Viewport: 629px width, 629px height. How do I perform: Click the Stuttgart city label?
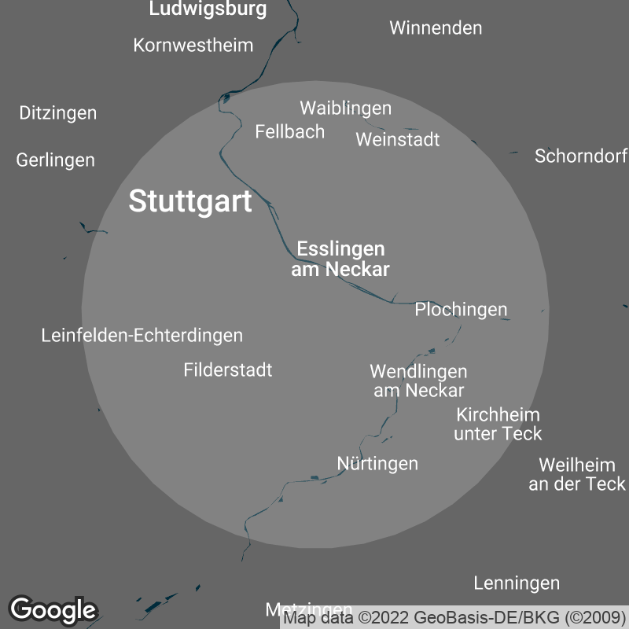pos(190,201)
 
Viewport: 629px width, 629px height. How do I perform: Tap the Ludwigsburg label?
pos(208,9)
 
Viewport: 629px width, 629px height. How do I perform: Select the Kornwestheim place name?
pos(193,45)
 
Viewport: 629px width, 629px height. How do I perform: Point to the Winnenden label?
pos(436,28)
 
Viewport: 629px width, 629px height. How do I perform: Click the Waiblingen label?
pos(345,108)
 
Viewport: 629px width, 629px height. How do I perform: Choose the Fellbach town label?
pos(289,131)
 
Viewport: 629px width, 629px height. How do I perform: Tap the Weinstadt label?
pos(397,140)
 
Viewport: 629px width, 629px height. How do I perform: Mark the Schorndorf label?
pos(580,156)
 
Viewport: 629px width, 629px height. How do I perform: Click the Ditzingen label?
pos(58,113)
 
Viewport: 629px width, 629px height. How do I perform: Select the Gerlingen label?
pos(56,160)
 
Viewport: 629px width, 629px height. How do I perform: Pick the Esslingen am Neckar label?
pos(340,259)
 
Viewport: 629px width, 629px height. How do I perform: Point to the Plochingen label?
pos(461,310)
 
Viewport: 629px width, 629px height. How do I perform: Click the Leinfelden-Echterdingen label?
pos(142,336)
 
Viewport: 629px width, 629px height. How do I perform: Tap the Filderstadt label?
pos(228,370)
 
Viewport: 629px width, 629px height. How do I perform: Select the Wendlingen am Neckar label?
pos(418,381)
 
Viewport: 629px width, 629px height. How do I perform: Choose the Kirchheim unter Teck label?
pos(498,424)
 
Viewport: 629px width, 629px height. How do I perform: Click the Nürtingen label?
pos(377,464)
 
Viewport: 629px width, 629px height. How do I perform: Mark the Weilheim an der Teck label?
pos(577,475)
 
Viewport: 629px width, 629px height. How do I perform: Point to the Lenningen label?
pos(517,583)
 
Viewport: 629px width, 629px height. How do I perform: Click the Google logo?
pos(53,609)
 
